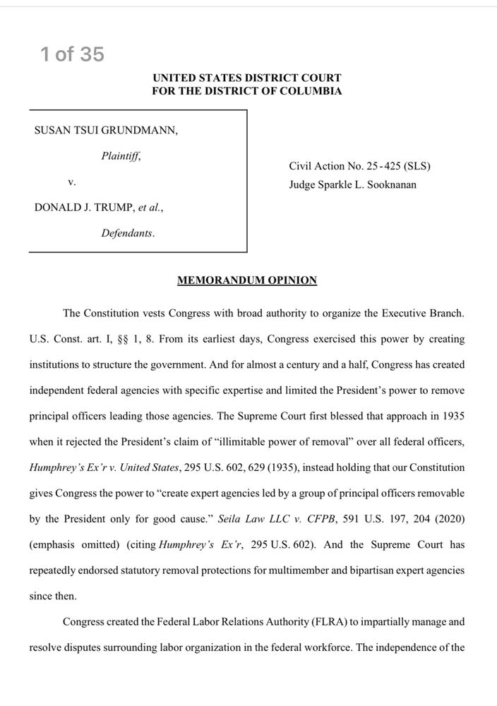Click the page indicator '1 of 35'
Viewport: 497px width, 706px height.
tap(72, 54)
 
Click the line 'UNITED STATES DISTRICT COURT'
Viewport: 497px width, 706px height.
tap(247, 78)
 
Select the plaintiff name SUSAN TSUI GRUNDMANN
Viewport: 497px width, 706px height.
tap(106, 131)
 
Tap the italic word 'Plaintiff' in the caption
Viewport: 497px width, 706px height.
tap(120, 156)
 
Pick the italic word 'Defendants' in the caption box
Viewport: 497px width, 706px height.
tap(128, 233)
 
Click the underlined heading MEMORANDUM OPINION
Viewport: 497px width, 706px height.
tap(247, 280)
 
